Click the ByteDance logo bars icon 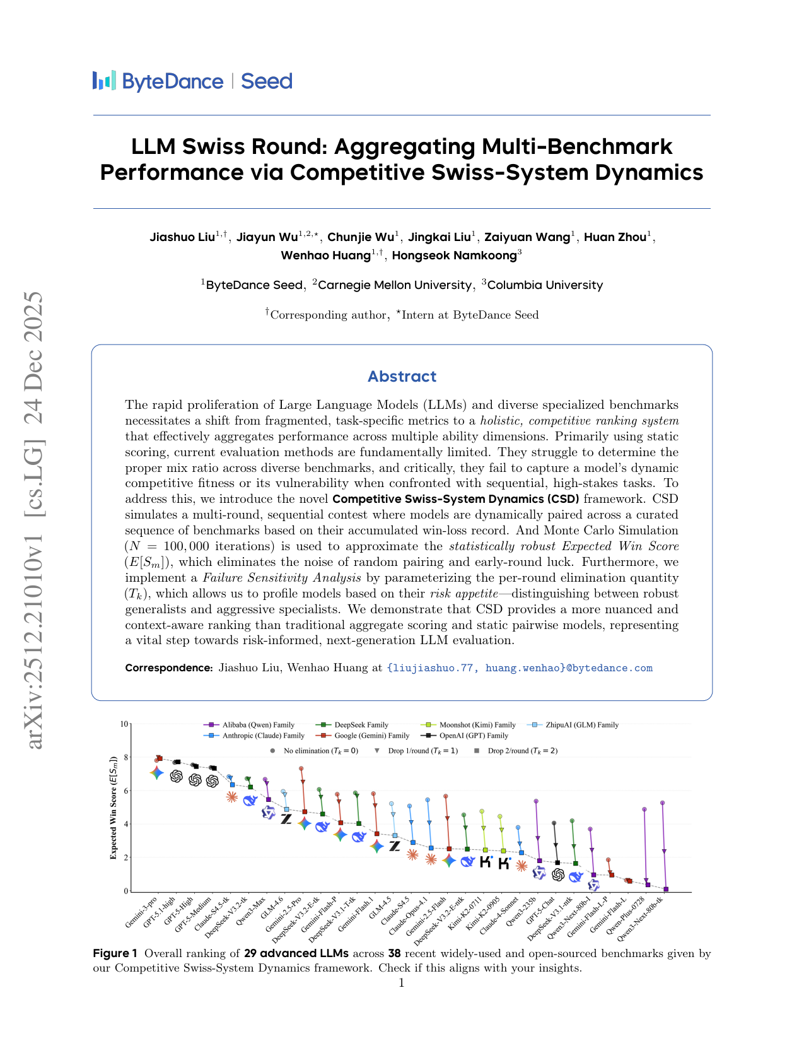pyautogui.click(x=104, y=81)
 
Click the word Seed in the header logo pyautogui.click(x=267, y=81)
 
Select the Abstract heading pyautogui.click(x=402, y=377)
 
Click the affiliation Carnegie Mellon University pyautogui.click(x=394, y=285)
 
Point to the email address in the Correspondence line pyautogui.click(x=520, y=668)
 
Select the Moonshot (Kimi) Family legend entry pyautogui.click(x=477, y=725)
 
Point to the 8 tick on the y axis pyautogui.click(x=125, y=758)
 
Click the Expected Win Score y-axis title pyautogui.click(x=114, y=808)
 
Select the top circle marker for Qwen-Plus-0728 pyautogui.click(x=644, y=809)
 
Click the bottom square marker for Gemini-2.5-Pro pyautogui.click(x=305, y=811)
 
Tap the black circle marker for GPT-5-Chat pyautogui.click(x=554, y=823)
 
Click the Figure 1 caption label pyautogui.click(x=115, y=953)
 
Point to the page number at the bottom pyautogui.click(x=402, y=983)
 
